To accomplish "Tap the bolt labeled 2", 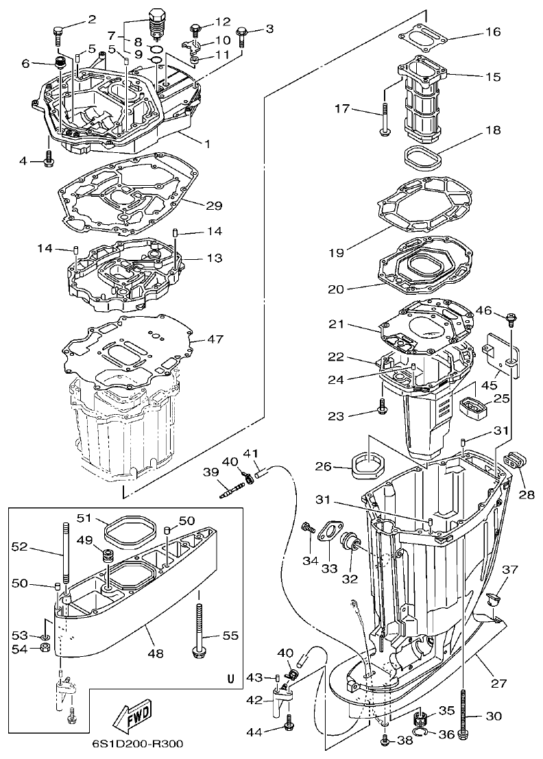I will click(x=58, y=31).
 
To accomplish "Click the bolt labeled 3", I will click(x=242, y=34).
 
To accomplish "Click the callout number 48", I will click(x=156, y=654).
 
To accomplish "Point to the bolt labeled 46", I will click(x=511, y=318).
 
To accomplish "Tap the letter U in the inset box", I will click(x=231, y=679).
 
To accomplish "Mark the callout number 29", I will click(x=214, y=205).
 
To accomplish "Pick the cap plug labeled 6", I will click(x=60, y=65).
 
